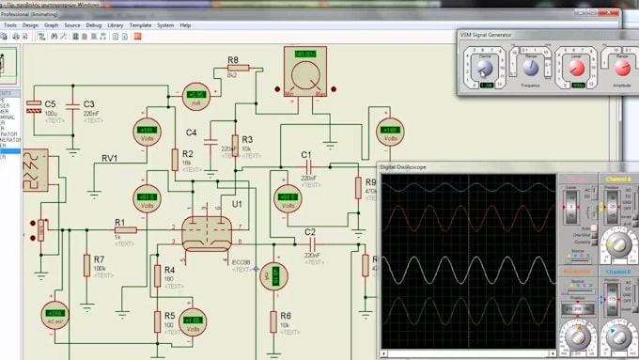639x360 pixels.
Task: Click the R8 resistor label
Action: click(232, 59)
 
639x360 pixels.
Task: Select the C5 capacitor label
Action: click(50, 103)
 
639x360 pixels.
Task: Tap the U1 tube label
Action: click(237, 203)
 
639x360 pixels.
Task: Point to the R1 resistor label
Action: click(119, 222)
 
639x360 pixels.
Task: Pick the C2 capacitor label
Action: click(310, 231)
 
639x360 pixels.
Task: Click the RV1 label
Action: click(110, 159)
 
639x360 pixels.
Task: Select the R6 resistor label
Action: click(286, 316)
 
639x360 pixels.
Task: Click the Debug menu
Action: click(94, 25)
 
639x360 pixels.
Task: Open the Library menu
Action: click(116, 25)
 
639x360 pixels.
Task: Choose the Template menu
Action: click(140, 25)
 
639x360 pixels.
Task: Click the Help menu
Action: click(185, 25)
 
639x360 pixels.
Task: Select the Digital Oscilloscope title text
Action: click(405, 166)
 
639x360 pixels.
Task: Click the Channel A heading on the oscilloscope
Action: click(618, 178)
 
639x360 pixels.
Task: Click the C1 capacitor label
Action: click(306, 154)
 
